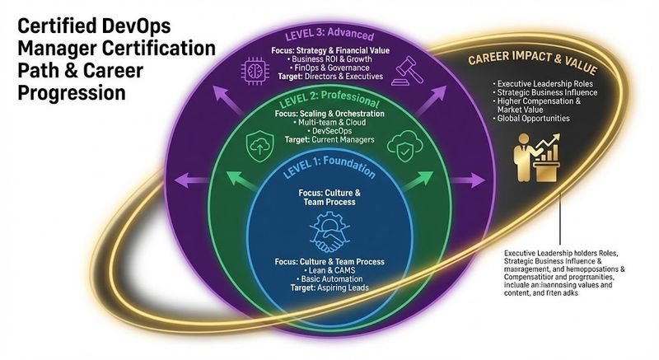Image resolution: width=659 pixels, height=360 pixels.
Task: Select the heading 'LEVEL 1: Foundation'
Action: pos(329,170)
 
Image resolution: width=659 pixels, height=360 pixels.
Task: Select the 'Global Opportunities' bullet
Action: pos(532,119)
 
